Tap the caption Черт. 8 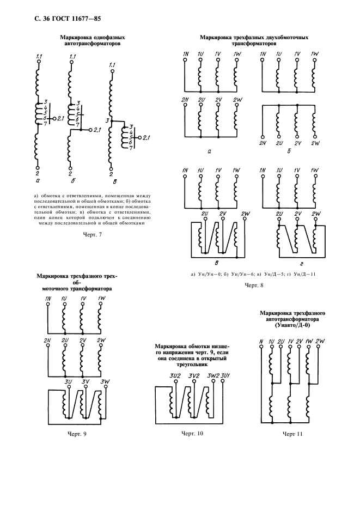(254, 285)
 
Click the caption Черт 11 (293, 434)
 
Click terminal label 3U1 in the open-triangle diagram (225, 376)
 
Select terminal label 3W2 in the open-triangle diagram (213, 376)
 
